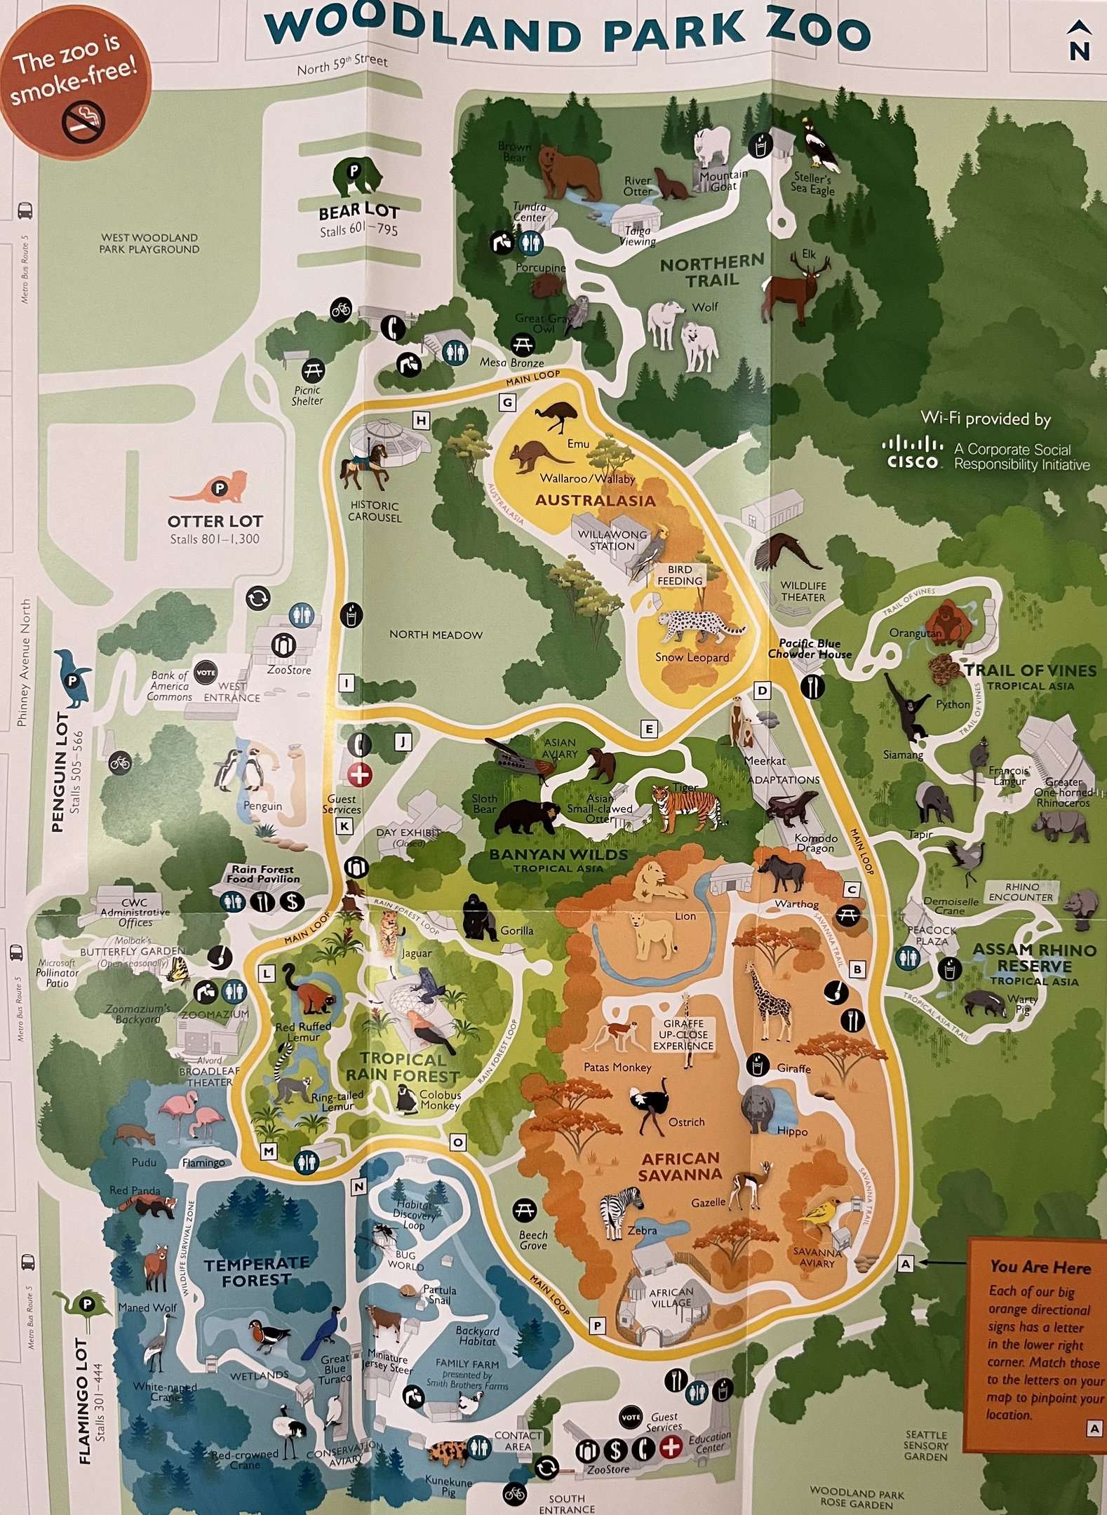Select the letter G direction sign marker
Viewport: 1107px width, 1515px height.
click(506, 403)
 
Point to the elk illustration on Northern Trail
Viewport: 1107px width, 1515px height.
click(797, 289)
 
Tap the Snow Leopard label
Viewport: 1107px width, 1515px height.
click(692, 657)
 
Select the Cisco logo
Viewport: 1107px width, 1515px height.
click(912, 452)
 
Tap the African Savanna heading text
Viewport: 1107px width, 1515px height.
click(680, 1166)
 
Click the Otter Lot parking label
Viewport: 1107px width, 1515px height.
click(215, 521)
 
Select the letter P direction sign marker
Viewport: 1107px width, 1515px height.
click(597, 1326)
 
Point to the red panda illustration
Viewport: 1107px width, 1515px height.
click(148, 1206)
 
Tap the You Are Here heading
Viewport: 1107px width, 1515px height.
click(1040, 1267)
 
